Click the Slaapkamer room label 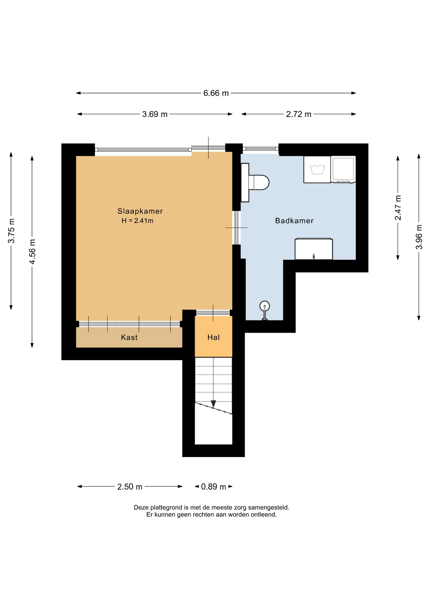coord(140,211)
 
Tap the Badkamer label coord(294,221)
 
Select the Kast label coord(129,337)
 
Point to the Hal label coord(213,338)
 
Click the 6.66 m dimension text coord(216,93)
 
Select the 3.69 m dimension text coord(155,114)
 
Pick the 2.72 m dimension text coord(299,114)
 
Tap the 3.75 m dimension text coord(11,231)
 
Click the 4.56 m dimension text coord(32,252)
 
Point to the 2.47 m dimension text coord(398,208)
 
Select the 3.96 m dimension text coord(419,237)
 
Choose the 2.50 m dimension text coord(130,487)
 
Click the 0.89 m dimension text coord(213,487)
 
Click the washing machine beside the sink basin coord(343,169)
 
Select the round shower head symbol coord(264,306)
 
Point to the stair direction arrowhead coord(213,404)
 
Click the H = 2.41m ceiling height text coord(137,221)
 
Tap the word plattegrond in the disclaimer coord(165,508)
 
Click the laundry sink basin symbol coord(317,169)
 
